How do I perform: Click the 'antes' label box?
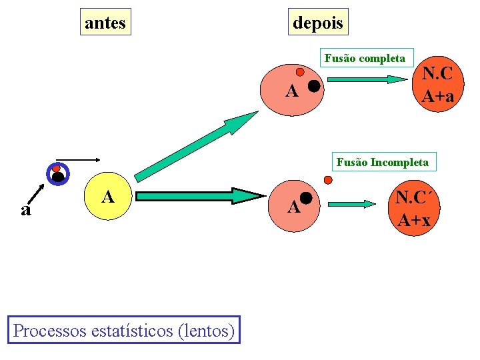pyautogui.click(x=105, y=22)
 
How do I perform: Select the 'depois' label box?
pyautogui.click(x=318, y=22)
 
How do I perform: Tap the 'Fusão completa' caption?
pyautogui.click(x=365, y=58)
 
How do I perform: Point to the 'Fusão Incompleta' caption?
pyautogui.click(x=383, y=162)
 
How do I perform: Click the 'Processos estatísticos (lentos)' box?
pyautogui.click(x=124, y=329)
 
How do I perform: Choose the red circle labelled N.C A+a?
pyautogui.click(x=438, y=85)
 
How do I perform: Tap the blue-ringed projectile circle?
pyautogui.click(x=58, y=174)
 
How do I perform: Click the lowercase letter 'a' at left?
pyautogui.click(x=25, y=211)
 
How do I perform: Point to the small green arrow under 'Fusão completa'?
pyautogui.click(x=369, y=79)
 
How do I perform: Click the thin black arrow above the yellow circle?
pyautogui.click(x=83, y=159)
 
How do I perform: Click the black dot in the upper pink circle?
pyautogui.click(x=313, y=86)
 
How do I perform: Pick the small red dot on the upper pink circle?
pyautogui.click(x=300, y=71)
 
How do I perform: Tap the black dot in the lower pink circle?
pyautogui.click(x=307, y=197)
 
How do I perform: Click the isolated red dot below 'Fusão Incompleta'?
pyautogui.click(x=327, y=179)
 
